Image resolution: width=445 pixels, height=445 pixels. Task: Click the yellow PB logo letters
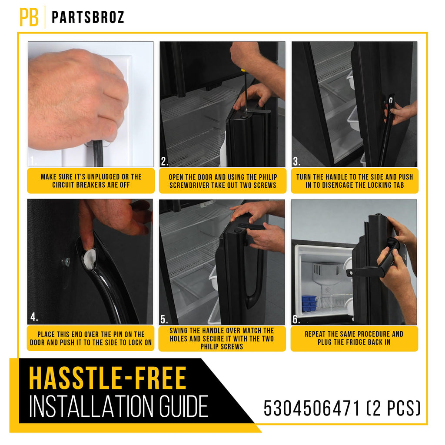pyautogui.click(x=29, y=17)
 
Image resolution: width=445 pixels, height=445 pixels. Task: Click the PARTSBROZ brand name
pyautogui.click(x=88, y=17)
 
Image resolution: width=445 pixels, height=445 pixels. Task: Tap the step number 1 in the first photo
pyautogui.click(x=33, y=161)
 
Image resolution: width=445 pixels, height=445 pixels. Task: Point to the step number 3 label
pyautogui.click(x=296, y=161)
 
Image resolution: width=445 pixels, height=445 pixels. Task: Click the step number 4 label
pyautogui.click(x=34, y=317)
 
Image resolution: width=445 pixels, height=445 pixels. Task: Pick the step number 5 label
pyautogui.click(x=164, y=319)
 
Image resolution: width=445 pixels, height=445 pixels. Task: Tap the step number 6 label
pyautogui.click(x=296, y=319)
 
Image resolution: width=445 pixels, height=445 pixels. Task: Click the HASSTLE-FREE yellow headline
pyautogui.click(x=108, y=378)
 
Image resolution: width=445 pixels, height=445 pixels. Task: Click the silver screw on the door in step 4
pyautogui.click(x=66, y=262)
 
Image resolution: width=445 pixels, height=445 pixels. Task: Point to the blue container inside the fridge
pyautogui.click(x=309, y=303)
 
